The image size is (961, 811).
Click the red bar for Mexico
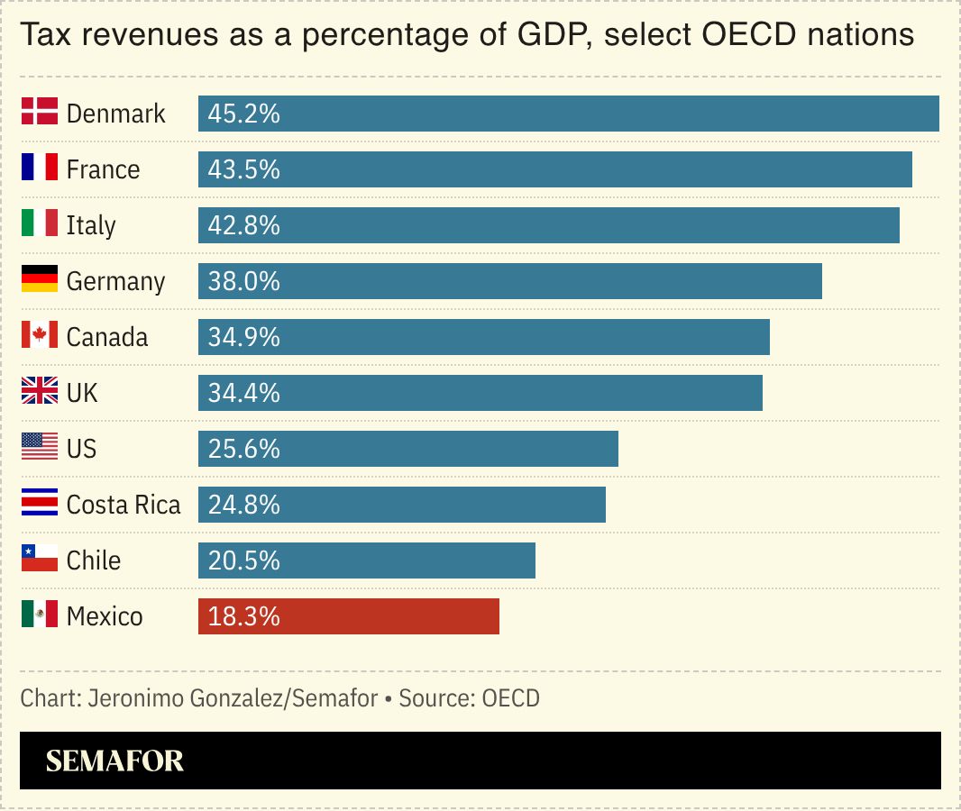coord(348,616)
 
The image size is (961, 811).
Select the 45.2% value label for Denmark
coord(243,114)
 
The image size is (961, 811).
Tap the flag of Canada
coord(40,336)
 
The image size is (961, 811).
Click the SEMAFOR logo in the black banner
coord(114,761)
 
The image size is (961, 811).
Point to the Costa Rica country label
coord(124,505)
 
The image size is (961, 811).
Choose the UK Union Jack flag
coord(40,392)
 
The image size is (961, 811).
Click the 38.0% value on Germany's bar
coord(243,281)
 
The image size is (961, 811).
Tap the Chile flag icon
coord(40,560)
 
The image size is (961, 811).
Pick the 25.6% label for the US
coord(243,449)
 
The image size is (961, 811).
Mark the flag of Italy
coord(40,224)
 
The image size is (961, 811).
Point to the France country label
coord(103,169)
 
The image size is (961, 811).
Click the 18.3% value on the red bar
coord(243,616)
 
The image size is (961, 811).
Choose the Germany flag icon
coord(40,280)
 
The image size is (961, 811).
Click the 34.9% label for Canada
coord(243,337)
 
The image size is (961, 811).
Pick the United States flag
coord(40,448)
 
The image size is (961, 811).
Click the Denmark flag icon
coord(40,113)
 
